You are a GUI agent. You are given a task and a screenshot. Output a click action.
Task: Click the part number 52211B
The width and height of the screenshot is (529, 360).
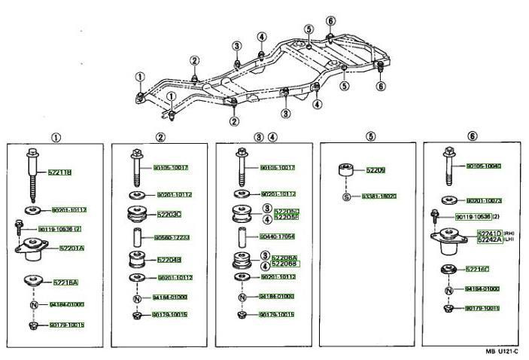[59, 172]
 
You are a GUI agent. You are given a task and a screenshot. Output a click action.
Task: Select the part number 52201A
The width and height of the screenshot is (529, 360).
[72, 248]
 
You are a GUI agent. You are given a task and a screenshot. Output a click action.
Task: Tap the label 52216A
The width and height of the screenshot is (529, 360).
[65, 282]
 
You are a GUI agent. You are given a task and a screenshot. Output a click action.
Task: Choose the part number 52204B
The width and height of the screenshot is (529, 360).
[170, 260]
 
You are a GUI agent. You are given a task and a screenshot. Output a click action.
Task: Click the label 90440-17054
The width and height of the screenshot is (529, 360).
[276, 236]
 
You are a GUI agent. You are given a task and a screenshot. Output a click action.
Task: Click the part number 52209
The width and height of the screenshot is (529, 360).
[375, 170]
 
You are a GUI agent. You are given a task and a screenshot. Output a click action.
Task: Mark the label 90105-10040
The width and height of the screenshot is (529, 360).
[484, 166]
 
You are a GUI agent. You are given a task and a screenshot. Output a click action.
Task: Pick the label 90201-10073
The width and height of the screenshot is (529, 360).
[484, 201]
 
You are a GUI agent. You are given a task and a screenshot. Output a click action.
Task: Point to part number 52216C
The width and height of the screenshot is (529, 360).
[477, 269]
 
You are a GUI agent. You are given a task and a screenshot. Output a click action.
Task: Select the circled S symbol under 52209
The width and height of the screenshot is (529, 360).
[347, 197]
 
